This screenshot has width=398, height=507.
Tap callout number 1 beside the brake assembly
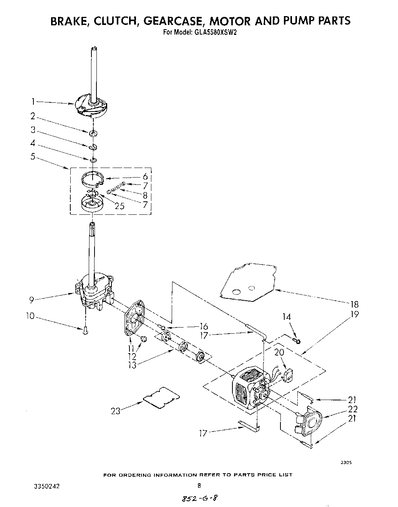[33, 102]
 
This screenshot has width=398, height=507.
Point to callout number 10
[30, 316]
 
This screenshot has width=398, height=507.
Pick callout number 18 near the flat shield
[354, 305]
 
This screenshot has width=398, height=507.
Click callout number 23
[116, 411]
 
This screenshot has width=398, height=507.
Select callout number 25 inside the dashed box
[119, 206]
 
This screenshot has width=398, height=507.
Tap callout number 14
[287, 317]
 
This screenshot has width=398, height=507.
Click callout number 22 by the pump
[353, 409]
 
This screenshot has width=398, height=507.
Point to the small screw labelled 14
[297, 340]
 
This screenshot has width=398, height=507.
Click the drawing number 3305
[346, 463]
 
